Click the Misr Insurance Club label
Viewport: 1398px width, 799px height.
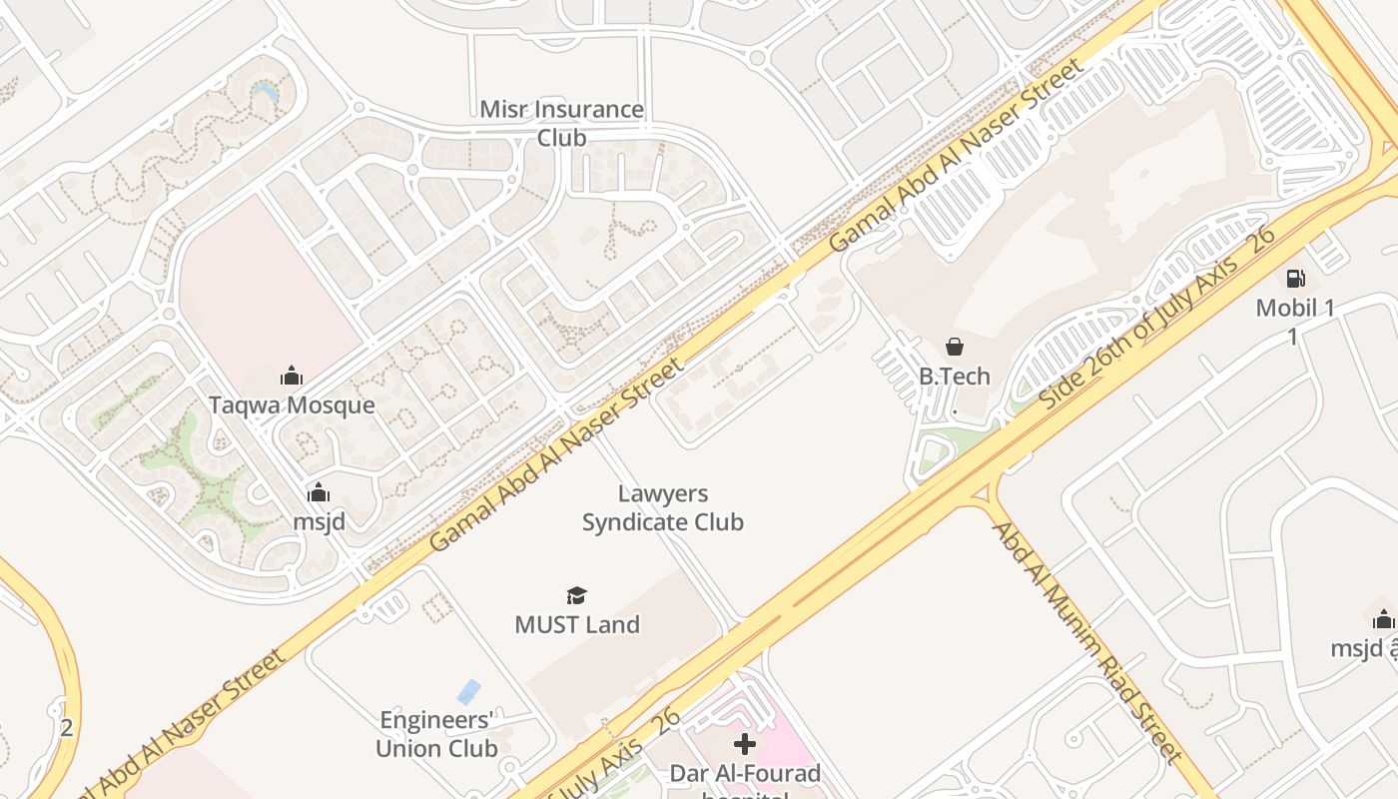click(561, 123)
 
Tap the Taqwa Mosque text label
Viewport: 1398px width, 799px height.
click(292, 404)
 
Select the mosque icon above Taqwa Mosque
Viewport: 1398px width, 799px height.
click(292, 376)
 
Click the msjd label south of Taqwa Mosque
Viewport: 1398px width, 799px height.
click(319, 520)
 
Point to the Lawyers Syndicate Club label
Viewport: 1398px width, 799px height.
click(662, 507)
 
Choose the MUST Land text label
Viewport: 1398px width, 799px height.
click(576, 624)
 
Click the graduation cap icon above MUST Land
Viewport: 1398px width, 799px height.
click(576, 596)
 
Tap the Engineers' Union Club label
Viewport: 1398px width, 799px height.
click(436, 734)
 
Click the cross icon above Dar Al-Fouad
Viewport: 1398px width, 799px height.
click(744, 744)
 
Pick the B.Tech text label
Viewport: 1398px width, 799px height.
click(955, 376)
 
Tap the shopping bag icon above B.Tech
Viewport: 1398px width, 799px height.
click(955, 347)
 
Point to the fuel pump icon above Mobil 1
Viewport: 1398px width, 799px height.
click(1295, 279)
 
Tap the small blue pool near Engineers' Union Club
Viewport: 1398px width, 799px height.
click(467, 691)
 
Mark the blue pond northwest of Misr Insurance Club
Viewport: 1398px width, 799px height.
click(265, 92)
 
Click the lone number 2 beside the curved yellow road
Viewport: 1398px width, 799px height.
click(66, 727)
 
